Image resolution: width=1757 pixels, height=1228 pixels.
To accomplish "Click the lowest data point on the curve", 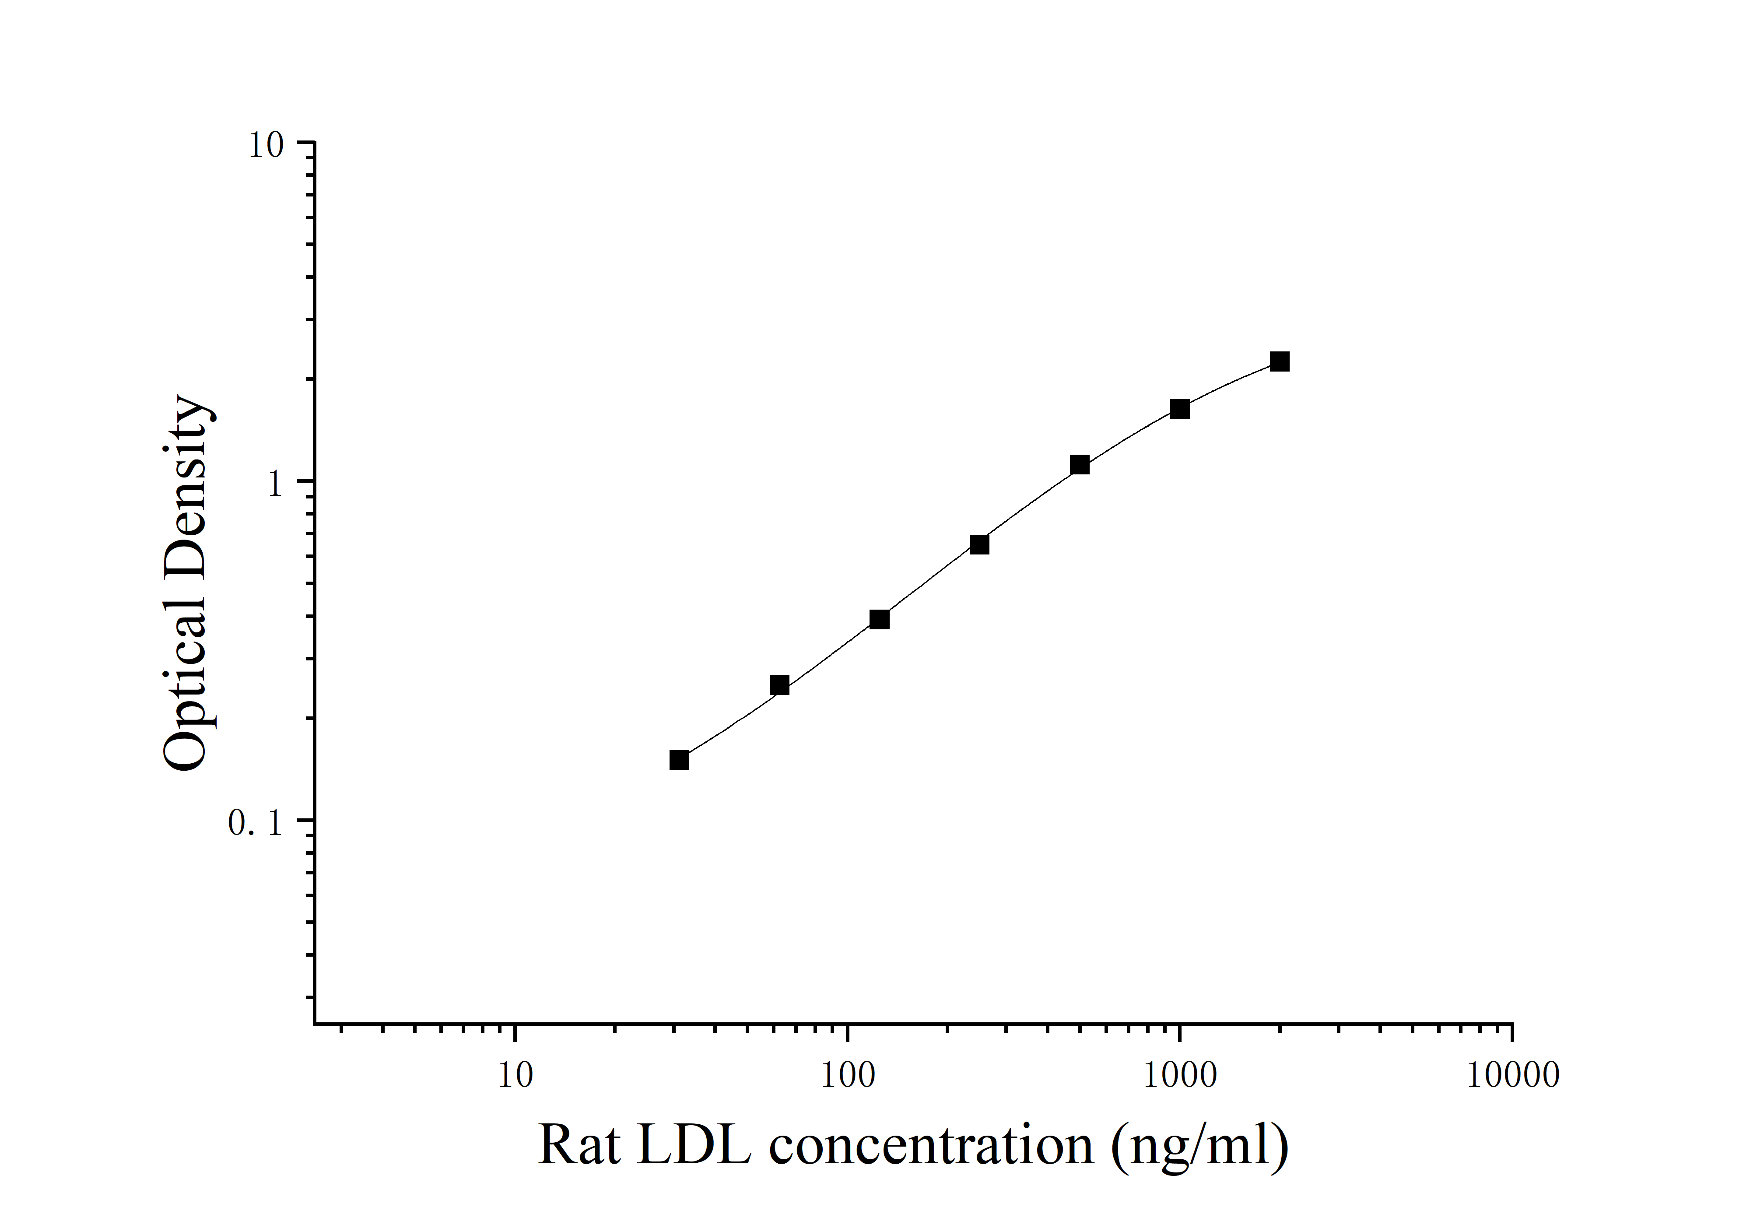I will (679, 760).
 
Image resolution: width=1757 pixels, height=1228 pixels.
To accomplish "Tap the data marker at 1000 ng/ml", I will (1179, 409).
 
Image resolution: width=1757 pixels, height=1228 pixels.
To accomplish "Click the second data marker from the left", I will (779, 685).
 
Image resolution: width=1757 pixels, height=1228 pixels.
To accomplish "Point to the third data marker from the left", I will (879, 619).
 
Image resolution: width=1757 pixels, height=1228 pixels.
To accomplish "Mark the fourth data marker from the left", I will (979, 544).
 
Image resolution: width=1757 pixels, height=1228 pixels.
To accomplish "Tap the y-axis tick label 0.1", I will (256, 823).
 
